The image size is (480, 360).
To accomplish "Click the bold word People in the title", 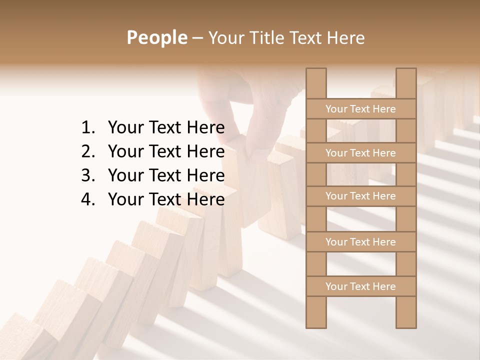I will [156, 37].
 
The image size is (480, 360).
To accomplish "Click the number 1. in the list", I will [88, 128].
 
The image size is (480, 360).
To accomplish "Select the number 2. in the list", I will [88, 151].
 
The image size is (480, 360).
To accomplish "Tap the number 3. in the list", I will [88, 175].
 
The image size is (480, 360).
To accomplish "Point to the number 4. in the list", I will [88, 199].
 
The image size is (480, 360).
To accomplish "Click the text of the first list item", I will [166, 128].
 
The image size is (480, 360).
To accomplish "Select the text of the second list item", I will [166, 151].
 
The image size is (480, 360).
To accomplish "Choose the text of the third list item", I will [166, 175].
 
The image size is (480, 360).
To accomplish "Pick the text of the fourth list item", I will [166, 199].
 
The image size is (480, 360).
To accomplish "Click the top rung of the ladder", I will [360, 109].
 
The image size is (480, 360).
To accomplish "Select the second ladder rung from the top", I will [360, 153].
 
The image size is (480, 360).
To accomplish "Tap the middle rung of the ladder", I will [360, 196].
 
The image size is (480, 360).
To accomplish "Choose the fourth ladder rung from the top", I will [360, 242].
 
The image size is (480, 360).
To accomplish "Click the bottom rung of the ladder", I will [360, 286].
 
